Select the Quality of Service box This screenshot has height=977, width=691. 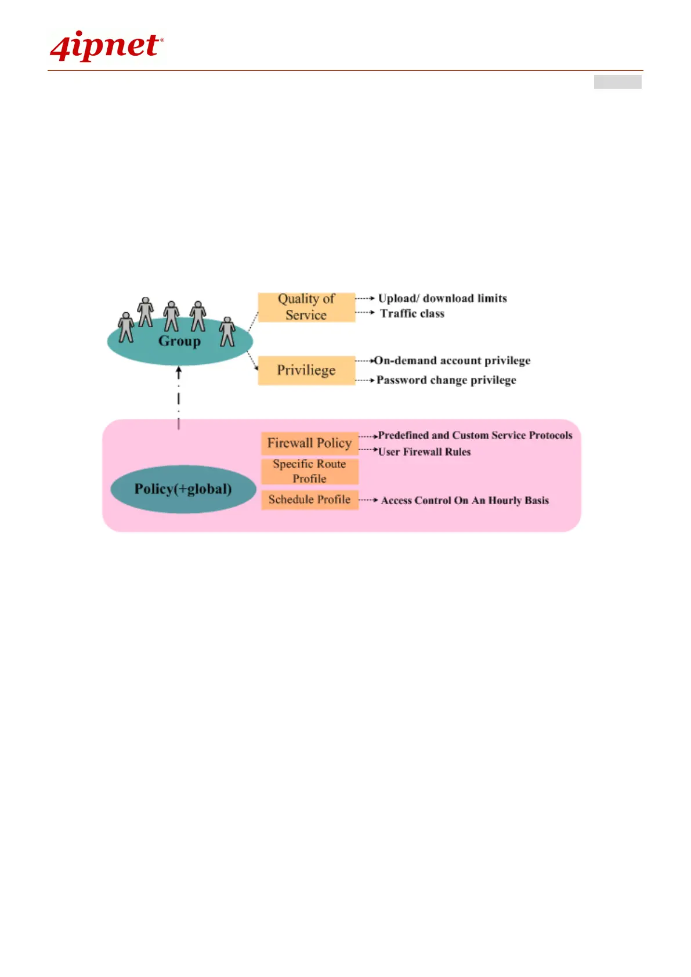306,307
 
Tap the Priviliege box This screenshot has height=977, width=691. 306,370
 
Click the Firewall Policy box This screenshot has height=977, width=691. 309,443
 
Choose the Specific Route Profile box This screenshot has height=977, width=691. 309,471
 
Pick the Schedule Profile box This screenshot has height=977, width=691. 309,500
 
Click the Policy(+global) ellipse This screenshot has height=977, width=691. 183,489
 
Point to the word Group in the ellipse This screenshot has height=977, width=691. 179,341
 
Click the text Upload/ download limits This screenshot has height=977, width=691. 442,298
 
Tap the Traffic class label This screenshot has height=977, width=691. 412,314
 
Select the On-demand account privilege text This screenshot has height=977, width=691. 452,361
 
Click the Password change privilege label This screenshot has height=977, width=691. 446,380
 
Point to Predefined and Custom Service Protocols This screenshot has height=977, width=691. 475,435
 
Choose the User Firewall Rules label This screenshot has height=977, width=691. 424,452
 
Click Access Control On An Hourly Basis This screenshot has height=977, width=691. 465,500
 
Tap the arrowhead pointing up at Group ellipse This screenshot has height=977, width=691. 179,370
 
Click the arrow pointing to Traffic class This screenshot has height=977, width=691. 366,312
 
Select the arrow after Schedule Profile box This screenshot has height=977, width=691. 369,500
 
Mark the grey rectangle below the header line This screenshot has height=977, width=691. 617,82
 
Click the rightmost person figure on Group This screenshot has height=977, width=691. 227,332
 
